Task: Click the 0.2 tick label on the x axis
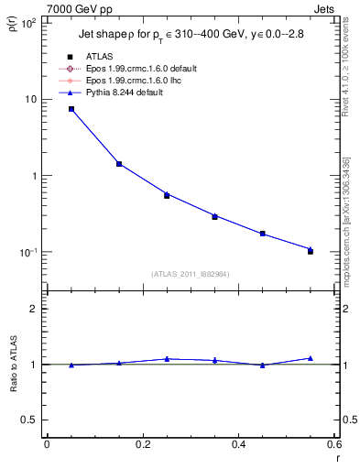142,444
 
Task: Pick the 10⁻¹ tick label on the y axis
27,252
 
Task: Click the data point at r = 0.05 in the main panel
71,109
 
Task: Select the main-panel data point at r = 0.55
311,250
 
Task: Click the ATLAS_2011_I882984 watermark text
191,273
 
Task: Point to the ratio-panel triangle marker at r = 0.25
167,359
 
